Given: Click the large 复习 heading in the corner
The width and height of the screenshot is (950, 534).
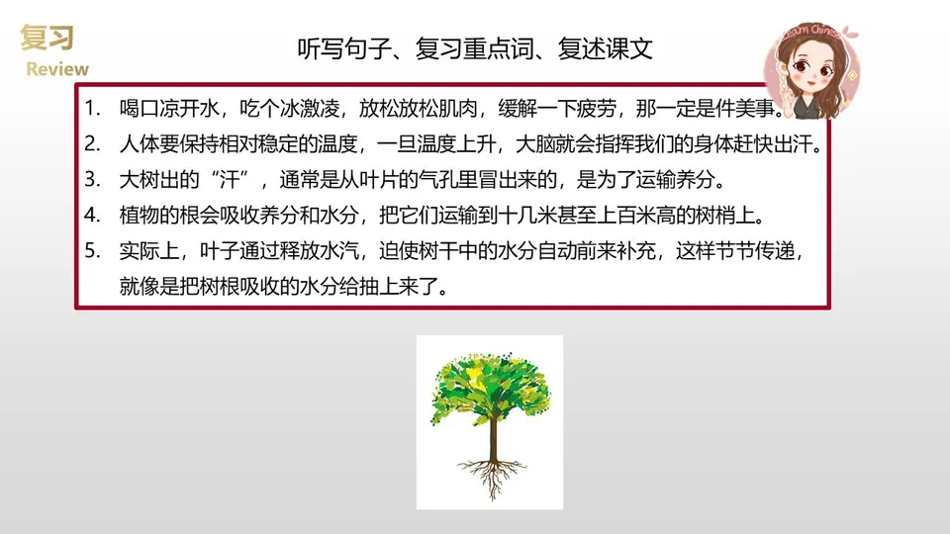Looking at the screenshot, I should pos(46,38).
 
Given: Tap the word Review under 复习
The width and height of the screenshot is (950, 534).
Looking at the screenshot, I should pos(56,69).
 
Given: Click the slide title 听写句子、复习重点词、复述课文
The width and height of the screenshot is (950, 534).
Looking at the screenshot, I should pos(475,49).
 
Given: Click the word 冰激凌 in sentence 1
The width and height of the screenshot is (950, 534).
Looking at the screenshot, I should pos(313,108).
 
